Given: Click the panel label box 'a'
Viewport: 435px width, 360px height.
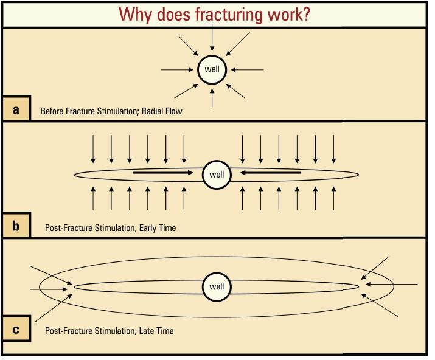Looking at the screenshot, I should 16,109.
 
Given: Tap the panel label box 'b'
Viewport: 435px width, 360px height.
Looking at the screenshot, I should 16,227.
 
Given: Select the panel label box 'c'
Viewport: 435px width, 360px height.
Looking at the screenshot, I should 16,330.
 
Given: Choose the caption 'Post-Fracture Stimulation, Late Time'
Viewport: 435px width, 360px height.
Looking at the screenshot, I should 109,331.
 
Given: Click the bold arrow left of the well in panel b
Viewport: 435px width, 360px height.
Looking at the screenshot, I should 165,173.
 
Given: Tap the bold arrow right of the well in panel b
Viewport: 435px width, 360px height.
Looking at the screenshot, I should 270,173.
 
